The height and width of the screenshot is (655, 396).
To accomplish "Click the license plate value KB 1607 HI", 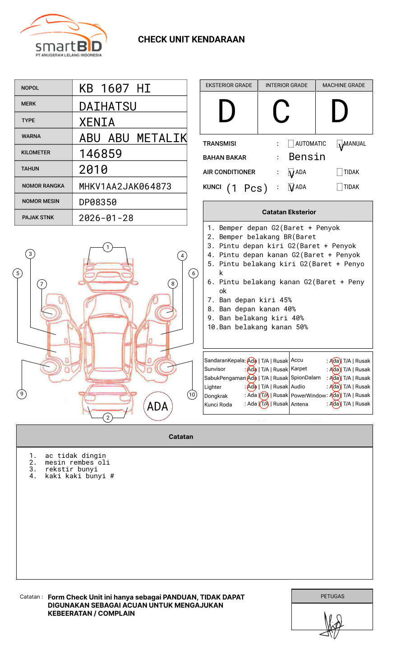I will pos(115,88).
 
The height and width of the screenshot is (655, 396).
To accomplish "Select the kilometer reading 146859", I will pos(101,154).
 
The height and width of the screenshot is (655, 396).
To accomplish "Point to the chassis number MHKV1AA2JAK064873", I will pos(125,186).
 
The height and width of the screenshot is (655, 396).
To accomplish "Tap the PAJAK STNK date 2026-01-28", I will pos(106,218).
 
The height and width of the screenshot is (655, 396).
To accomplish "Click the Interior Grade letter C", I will pos(281,111).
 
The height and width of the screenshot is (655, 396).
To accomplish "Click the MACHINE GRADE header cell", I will pos(344,85).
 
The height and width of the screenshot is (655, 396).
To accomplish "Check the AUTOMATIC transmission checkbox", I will pos(291,144).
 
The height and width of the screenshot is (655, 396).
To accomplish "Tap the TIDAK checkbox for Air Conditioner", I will pos(340,172).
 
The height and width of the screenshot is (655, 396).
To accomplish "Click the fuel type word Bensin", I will pos(307,157).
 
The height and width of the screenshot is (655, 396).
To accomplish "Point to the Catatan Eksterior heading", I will pos(289,212).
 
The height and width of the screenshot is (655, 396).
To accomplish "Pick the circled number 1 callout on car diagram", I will pos(107,247).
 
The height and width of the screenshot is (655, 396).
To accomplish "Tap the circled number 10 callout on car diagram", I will pos(192,395).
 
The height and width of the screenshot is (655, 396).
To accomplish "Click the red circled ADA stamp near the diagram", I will pos(157,406).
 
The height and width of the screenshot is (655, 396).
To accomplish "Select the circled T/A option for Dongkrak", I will pos(264,396).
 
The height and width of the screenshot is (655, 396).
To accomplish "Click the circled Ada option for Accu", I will pos(335,361).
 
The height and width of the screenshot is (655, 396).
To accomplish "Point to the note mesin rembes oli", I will pos(77,463).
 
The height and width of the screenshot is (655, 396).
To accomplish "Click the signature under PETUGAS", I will pos(333,625).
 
